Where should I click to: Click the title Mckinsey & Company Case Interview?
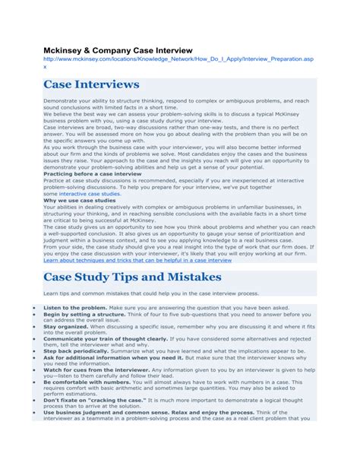coord(118,49)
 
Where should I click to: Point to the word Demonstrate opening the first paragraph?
coord(62,100)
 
